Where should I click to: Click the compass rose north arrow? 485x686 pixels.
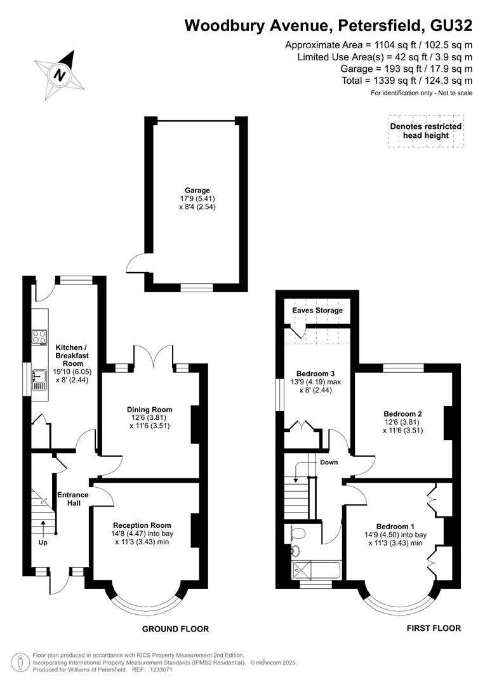[x=60, y=74]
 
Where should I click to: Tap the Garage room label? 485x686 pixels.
[x=197, y=190]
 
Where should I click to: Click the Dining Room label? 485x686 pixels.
[x=150, y=410]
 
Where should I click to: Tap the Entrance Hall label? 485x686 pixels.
[x=73, y=499]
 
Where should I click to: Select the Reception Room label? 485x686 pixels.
[x=142, y=525]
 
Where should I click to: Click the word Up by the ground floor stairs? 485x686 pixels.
[x=43, y=542]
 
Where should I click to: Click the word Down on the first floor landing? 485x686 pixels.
[x=329, y=462]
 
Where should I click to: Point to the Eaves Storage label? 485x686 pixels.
[x=317, y=311]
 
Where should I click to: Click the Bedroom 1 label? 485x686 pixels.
[x=395, y=526]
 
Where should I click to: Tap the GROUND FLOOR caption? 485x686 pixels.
[x=175, y=629]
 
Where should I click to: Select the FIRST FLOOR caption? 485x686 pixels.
[x=434, y=628]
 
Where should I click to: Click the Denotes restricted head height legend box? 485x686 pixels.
[x=426, y=131]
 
